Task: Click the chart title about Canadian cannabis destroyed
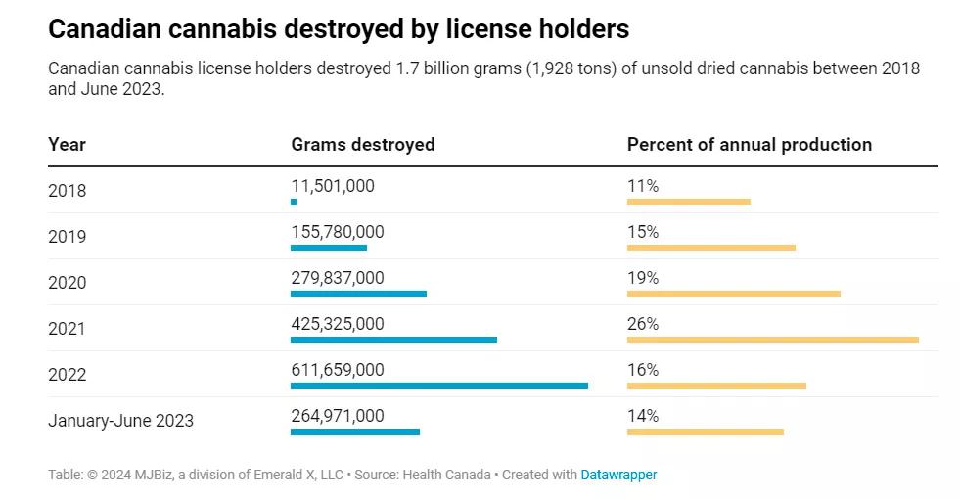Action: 339,29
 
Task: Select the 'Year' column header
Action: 67,144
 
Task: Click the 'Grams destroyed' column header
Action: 362,144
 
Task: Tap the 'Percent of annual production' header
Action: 749,144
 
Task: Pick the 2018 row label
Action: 67,191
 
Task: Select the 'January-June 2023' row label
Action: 120,421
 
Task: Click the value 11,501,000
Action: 332,185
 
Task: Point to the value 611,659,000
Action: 337,369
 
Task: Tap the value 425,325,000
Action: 337,323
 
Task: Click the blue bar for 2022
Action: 438,386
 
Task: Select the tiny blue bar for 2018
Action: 294,202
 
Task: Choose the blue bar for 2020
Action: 358,294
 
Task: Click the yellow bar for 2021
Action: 772,340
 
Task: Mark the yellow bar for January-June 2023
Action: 705,431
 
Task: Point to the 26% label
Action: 643,323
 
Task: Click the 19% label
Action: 643,277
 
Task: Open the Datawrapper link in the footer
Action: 618,475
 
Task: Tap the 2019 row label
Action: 67,237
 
